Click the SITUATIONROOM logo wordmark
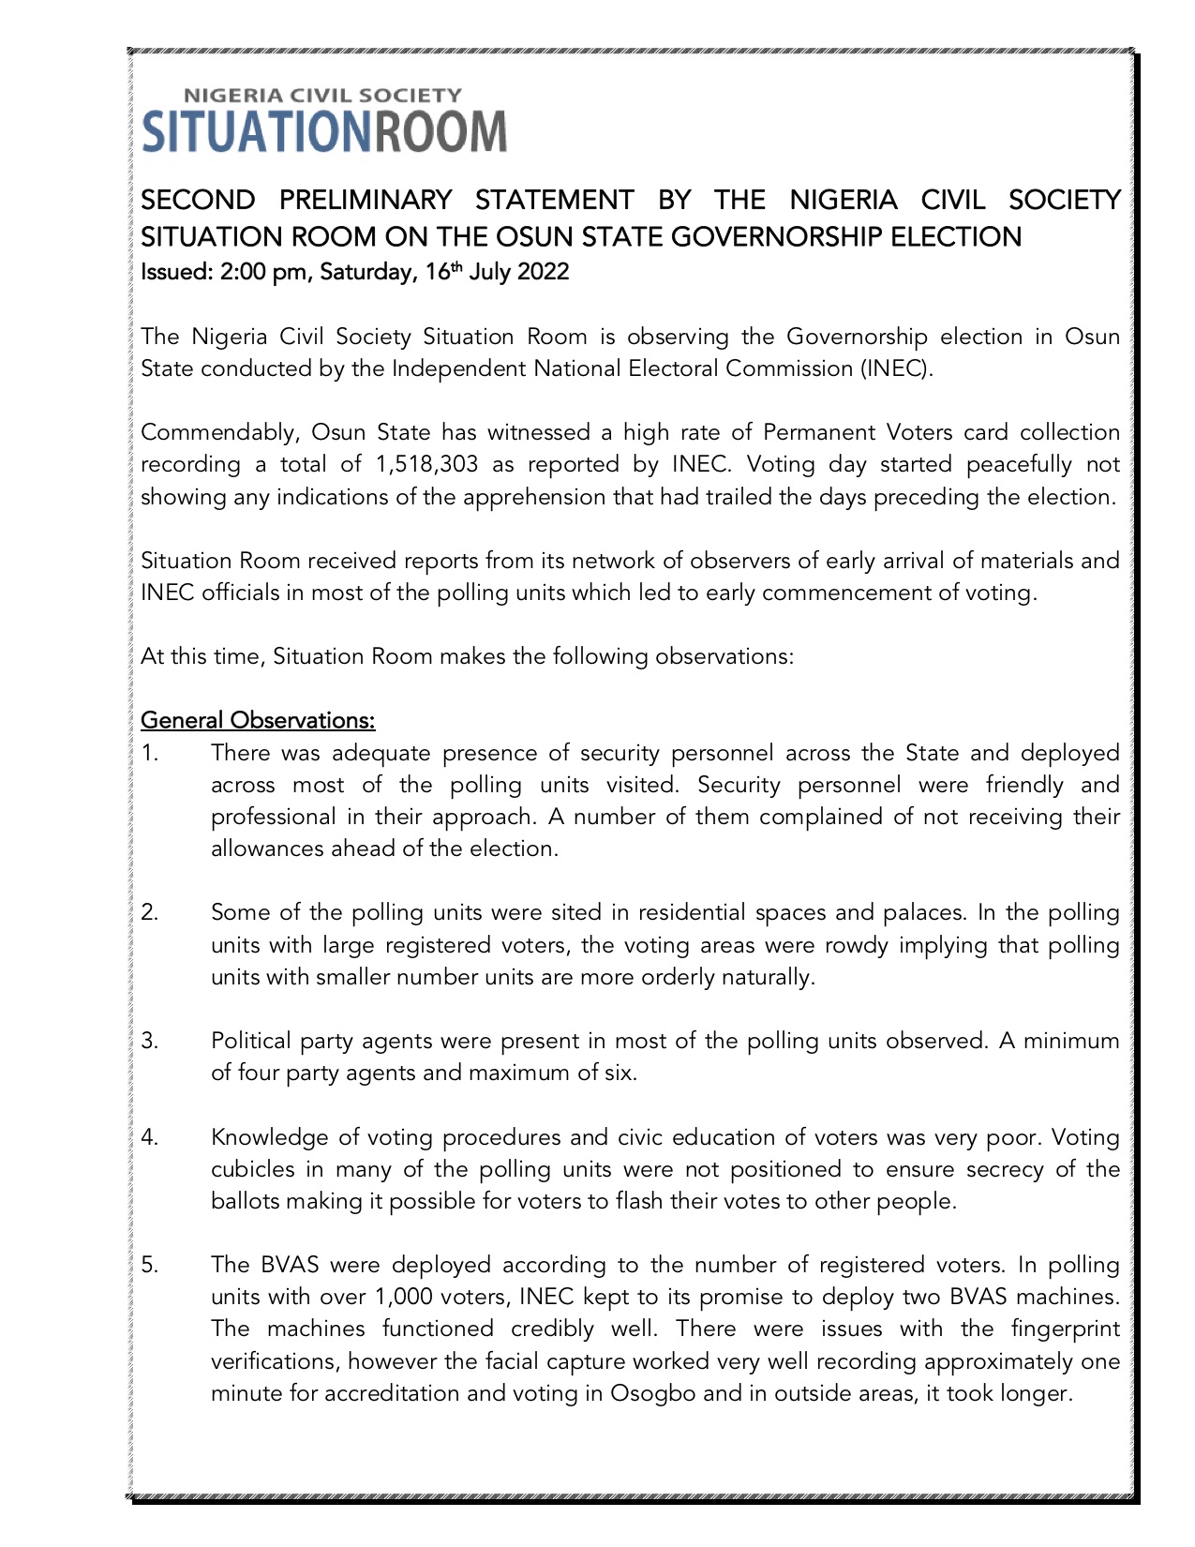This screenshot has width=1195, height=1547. click(323, 130)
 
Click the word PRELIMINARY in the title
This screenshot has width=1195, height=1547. click(366, 200)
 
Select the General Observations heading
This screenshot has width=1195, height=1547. click(258, 721)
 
